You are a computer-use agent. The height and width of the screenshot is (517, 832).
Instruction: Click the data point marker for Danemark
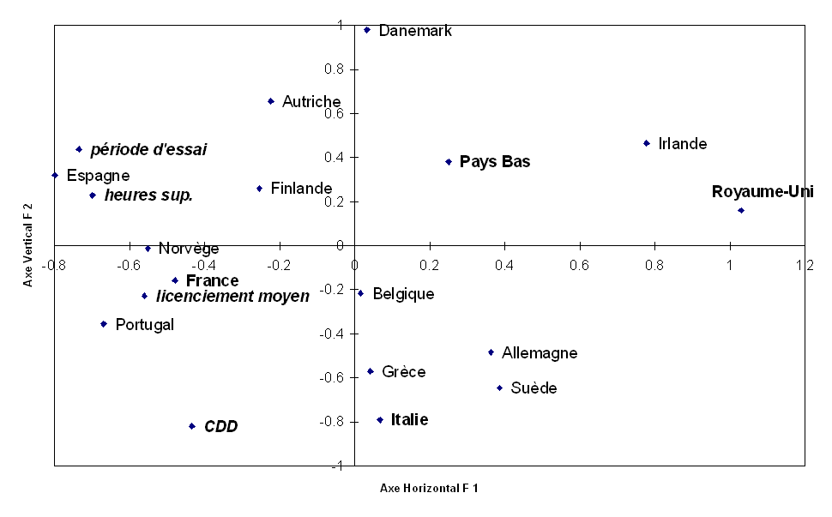(x=367, y=30)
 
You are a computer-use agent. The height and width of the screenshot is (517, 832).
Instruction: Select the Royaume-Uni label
(x=762, y=191)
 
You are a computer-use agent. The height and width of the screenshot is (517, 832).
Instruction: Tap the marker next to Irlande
(x=647, y=143)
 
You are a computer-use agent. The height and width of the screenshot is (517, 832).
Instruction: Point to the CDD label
(x=220, y=426)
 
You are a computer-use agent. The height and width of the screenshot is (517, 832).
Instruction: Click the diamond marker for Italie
(x=380, y=420)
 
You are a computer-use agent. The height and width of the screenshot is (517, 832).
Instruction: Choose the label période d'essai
(x=148, y=149)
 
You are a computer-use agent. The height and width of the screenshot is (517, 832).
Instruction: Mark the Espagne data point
(x=55, y=175)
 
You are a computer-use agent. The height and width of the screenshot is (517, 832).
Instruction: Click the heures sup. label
(x=148, y=195)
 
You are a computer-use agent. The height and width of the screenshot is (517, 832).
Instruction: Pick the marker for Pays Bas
(x=449, y=161)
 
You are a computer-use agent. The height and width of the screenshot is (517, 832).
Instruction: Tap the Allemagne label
(x=540, y=352)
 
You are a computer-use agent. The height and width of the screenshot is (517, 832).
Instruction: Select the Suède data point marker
(x=499, y=388)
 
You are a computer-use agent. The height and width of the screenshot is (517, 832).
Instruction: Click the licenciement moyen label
(x=232, y=296)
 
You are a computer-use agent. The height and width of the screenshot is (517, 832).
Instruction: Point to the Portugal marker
(x=104, y=324)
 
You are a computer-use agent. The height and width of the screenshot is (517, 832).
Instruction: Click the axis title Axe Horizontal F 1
(x=429, y=488)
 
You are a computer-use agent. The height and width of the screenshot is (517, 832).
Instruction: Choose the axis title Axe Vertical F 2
(x=27, y=245)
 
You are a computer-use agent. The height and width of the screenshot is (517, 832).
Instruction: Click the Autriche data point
(x=271, y=101)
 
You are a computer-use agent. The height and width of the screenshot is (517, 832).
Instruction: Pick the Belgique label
(x=403, y=294)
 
